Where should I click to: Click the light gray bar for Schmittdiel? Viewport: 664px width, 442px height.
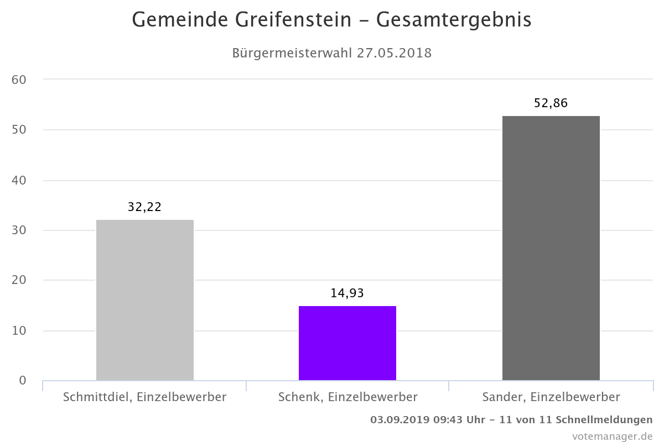click(x=145, y=299)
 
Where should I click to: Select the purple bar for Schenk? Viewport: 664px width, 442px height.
click(x=347, y=343)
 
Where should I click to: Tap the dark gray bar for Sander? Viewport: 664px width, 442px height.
click(x=551, y=248)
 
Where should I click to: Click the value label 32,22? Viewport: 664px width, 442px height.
click(x=145, y=207)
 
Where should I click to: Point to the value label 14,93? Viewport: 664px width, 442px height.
click(x=347, y=293)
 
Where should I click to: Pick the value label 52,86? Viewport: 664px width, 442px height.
click(x=551, y=103)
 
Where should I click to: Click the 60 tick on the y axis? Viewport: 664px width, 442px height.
click(x=19, y=80)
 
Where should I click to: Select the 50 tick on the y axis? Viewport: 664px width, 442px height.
click(x=19, y=130)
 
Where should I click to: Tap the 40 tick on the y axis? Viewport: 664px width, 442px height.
click(x=19, y=180)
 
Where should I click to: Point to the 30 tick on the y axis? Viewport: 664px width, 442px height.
click(x=19, y=230)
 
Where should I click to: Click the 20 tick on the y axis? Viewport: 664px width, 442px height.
click(x=19, y=281)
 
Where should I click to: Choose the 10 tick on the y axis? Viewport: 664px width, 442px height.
click(x=19, y=331)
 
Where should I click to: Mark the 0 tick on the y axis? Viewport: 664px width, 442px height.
click(x=23, y=381)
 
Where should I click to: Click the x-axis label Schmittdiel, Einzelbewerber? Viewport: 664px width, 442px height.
click(x=145, y=397)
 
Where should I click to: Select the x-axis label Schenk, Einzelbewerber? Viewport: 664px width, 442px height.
click(x=347, y=397)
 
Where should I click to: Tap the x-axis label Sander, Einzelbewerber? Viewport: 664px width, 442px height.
click(x=551, y=397)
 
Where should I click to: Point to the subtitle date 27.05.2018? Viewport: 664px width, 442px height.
click(x=394, y=54)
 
